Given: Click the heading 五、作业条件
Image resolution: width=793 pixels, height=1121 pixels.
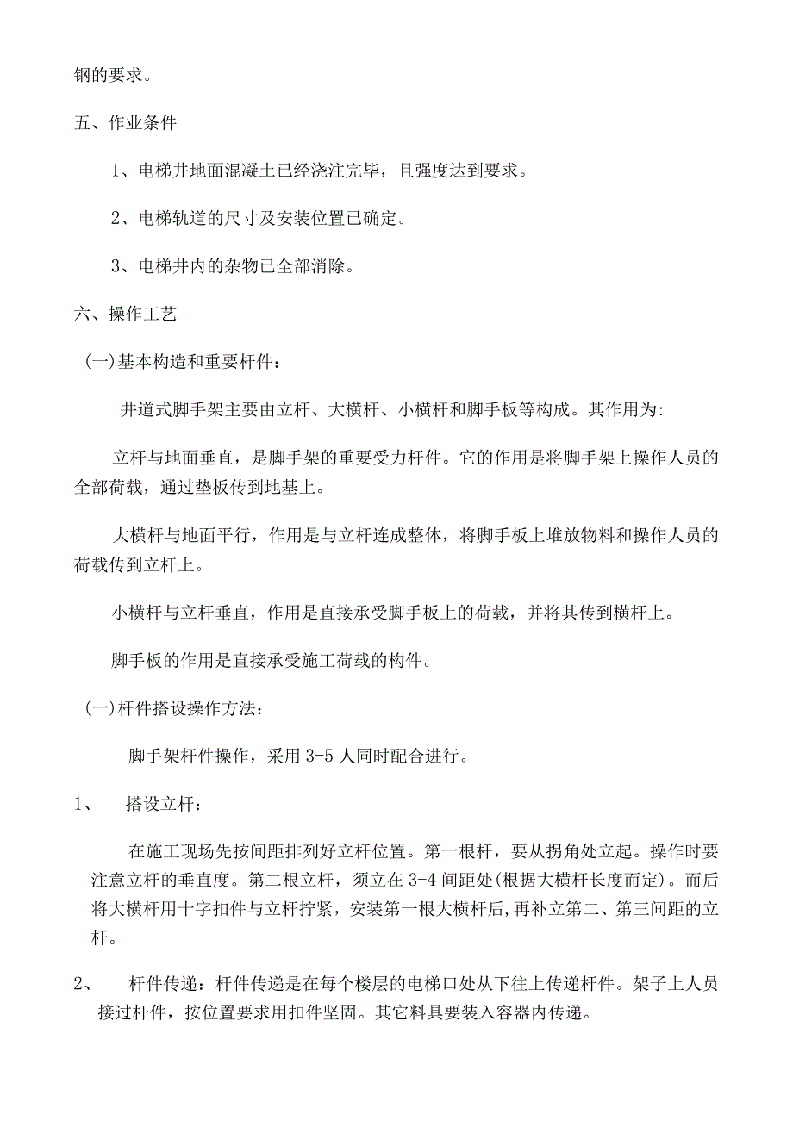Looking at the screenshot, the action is pos(125,122).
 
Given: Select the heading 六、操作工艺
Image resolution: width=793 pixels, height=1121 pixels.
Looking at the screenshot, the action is pos(125,315).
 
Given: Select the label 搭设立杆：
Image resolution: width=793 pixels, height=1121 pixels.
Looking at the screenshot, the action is pos(165,805).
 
